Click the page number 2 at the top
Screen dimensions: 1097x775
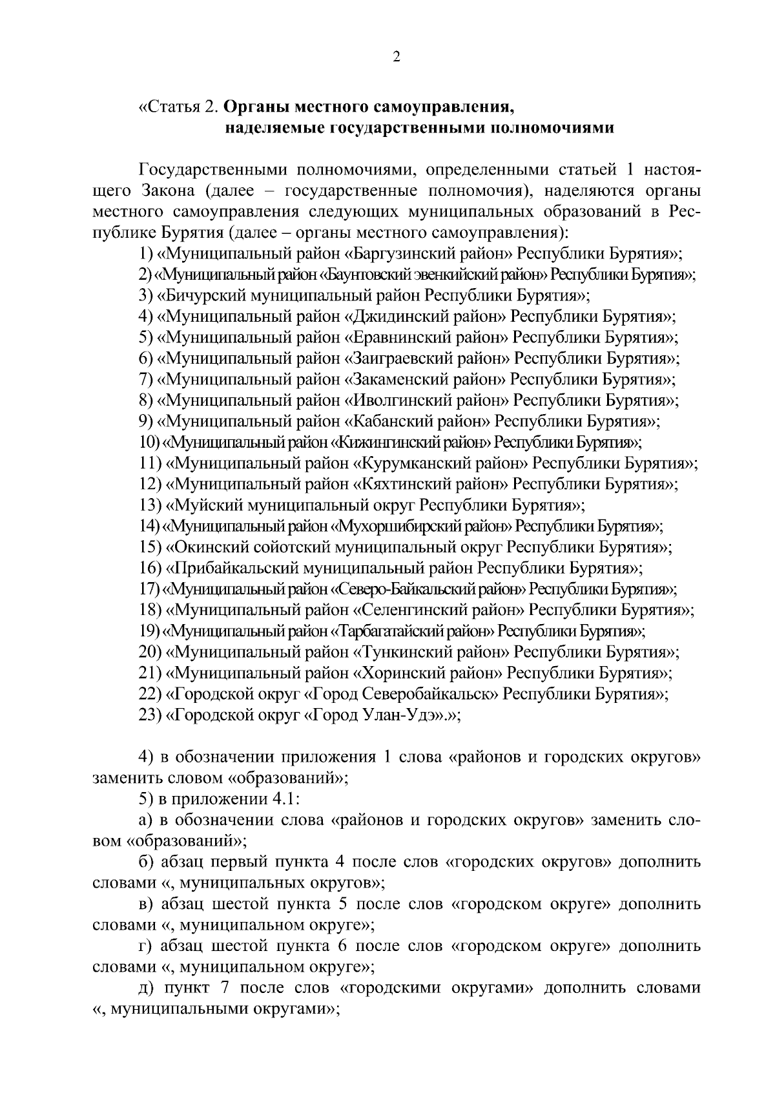397,57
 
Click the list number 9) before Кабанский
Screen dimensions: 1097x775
146,421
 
